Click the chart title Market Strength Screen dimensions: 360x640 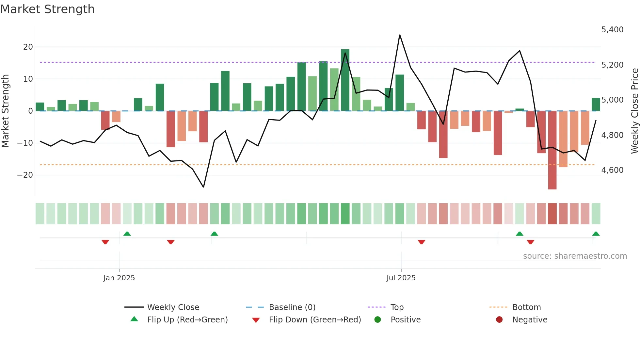tap(47, 9)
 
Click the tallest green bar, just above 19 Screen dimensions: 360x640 tap(345, 80)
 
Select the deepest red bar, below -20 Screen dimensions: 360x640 tap(552, 150)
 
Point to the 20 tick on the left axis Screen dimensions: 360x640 tap(28, 47)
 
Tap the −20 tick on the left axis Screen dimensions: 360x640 tap(25, 175)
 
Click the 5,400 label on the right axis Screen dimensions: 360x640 tap(612, 30)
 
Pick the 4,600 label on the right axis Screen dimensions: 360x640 tap(612, 170)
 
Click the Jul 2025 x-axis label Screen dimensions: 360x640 tap(401, 278)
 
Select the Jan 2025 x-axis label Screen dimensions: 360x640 tap(119, 278)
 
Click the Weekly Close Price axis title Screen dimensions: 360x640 tap(634, 111)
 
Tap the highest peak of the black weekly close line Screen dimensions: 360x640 tap(400, 35)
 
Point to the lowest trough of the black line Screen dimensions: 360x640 tap(203, 187)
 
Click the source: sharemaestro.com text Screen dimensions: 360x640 tap(575, 256)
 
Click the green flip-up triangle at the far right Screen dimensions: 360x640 tap(596, 234)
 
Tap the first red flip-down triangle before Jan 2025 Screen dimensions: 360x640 tap(105, 242)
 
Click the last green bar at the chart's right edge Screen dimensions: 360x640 tap(596, 105)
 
